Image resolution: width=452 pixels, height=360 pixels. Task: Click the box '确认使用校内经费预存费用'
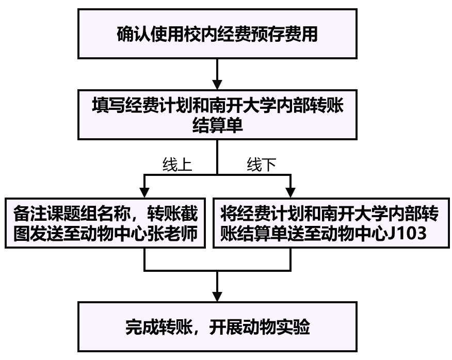217,35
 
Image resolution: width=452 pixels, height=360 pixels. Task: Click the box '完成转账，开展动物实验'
217,326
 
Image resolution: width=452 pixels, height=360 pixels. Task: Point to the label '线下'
262,165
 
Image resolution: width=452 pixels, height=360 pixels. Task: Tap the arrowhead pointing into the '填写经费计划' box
217,85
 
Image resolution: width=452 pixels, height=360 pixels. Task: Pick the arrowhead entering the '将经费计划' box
290,191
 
